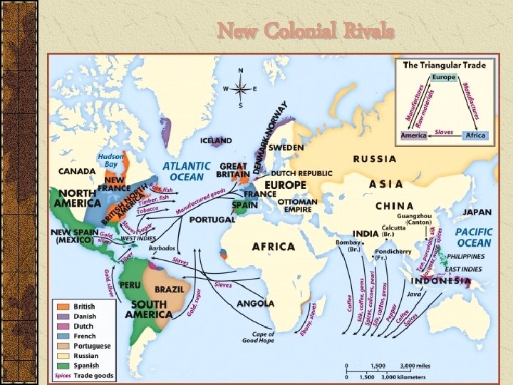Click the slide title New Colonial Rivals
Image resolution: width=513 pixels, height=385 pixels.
306,31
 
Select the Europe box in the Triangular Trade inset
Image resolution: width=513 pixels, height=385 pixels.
443,77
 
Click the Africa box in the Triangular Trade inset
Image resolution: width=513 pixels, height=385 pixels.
475,135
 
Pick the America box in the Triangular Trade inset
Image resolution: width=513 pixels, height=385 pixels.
413,135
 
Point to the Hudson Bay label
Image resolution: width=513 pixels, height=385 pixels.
110,160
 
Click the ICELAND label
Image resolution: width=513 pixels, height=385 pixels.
215,140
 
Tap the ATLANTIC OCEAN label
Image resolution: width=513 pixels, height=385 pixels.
187,170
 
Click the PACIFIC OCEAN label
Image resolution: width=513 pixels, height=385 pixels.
474,237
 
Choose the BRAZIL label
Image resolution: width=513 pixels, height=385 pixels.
169,289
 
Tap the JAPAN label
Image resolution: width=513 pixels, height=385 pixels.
477,212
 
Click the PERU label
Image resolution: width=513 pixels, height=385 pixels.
131,284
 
